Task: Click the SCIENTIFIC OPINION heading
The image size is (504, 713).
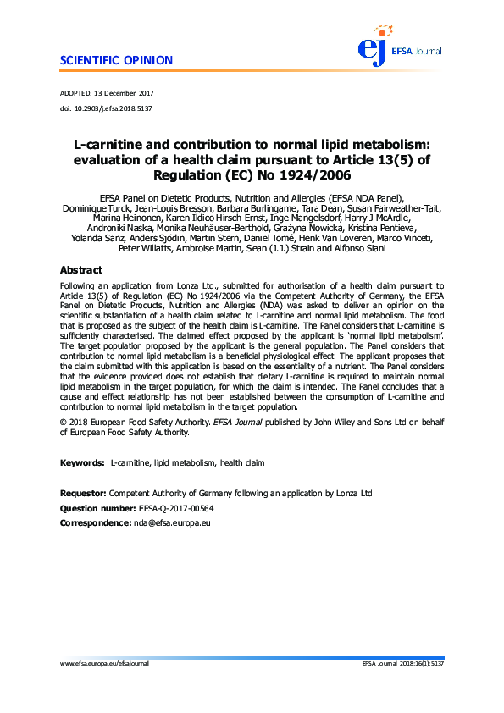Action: pyautogui.click(x=117, y=60)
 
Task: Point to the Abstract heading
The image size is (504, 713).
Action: pyautogui.click(x=81, y=270)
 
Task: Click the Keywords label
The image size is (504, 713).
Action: pyautogui.click(x=82, y=463)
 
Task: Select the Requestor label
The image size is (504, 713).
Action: pyautogui.click(x=83, y=493)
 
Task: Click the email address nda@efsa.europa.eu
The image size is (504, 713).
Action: pyautogui.click(x=172, y=523)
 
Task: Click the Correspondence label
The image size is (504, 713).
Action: pyautogui.click(x=95, y=523)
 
